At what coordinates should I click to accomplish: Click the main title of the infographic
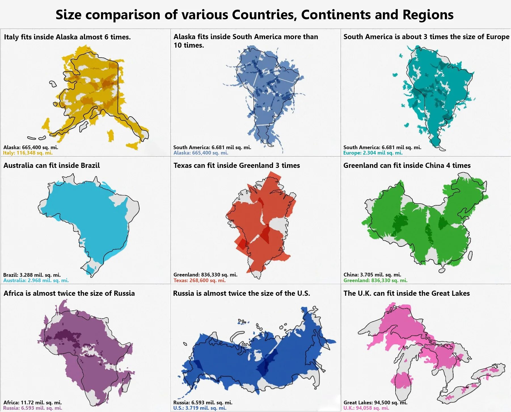point(254,15)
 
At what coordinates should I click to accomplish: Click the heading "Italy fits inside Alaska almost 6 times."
point(67,37)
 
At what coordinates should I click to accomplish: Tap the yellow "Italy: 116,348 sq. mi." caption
point(28,153)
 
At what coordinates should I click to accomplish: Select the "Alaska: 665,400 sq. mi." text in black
point(31,147)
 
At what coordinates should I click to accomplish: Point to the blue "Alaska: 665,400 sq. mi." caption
point(201,153)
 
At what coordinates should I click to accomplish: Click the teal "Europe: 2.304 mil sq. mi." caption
point(373,153)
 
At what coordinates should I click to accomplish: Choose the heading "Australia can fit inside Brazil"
point(52,165)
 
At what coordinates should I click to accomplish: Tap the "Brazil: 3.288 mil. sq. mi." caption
point(32,275)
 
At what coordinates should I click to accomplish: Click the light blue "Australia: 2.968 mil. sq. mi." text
point(36,280)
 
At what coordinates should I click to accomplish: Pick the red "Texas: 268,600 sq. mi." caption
point(199,280)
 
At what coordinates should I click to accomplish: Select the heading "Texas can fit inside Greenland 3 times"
point(237,165)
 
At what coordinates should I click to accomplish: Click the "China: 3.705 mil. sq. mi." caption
point(372,274)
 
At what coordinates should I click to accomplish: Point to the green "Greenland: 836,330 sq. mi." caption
point(375,280)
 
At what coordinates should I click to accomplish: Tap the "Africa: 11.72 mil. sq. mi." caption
point(32,402)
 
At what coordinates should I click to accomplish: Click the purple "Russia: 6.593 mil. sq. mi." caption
point(32,408)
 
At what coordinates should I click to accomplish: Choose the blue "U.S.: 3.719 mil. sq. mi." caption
point(200,408)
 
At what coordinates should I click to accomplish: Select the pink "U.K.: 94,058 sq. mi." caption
point(366,408)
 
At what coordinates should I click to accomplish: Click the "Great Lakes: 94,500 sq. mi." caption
point(375,402)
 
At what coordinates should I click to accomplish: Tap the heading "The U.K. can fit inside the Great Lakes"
point(406,293)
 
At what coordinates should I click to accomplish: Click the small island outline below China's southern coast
point(442,271)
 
